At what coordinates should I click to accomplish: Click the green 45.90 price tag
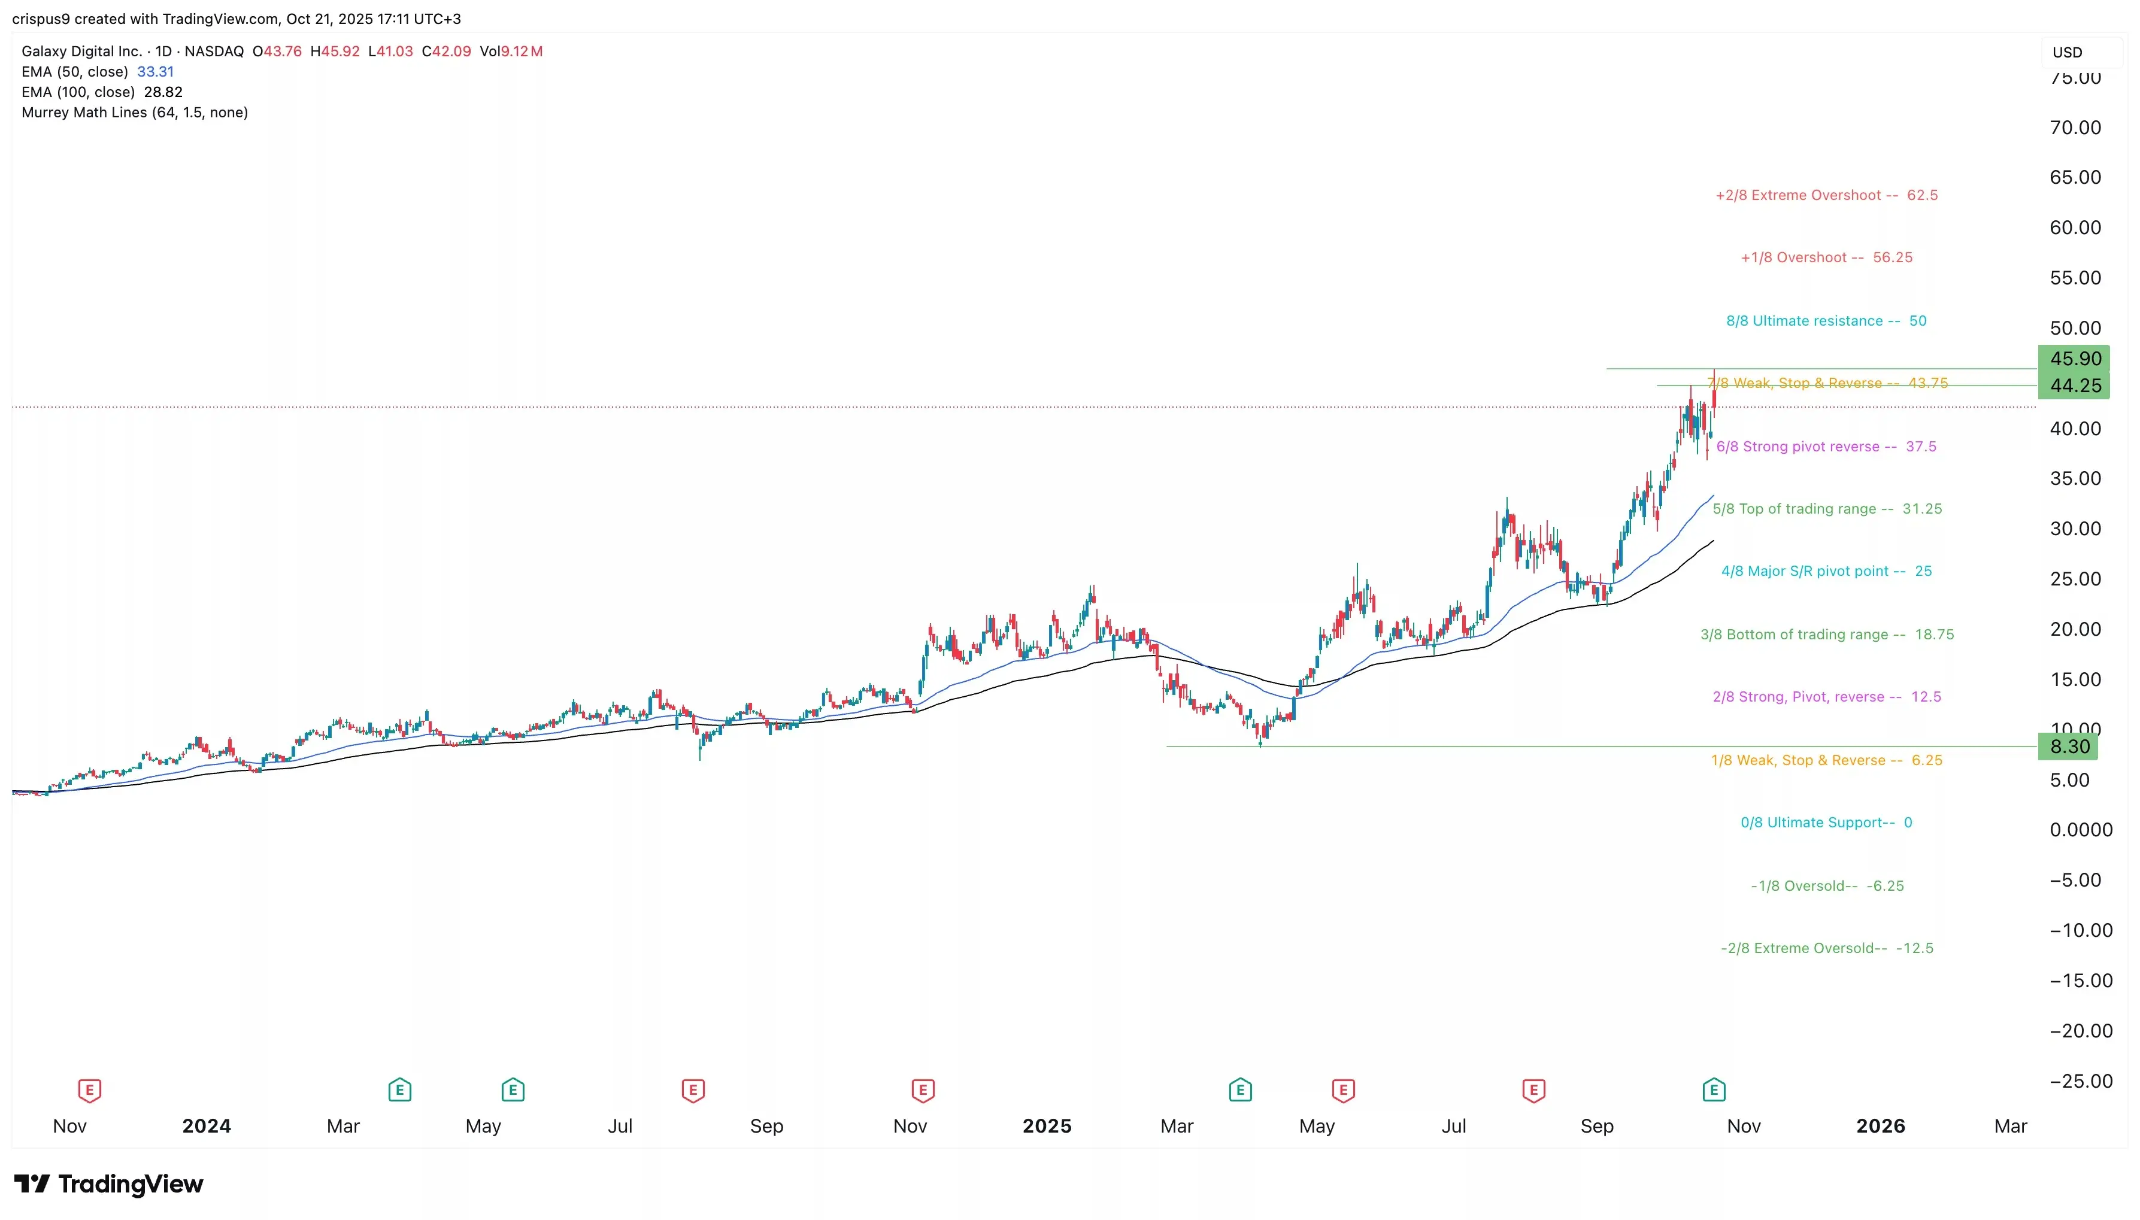(x=2074, y=359)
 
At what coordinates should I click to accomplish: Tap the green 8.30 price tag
(x=2068, y=746)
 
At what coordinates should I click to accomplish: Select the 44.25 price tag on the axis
(x=2074, y=386)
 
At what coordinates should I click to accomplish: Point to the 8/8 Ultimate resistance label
(x=1826, y=321)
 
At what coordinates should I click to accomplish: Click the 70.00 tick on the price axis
(x=2075, y=128)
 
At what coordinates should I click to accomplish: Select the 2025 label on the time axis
(x=1047, y=1126)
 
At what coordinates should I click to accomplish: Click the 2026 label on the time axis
(x=1880, y=1126)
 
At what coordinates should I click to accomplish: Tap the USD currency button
(x=2067, y=52)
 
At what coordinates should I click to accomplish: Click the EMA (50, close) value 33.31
(x=155, y=72)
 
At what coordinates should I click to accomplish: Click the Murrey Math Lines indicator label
(x=134, y=113)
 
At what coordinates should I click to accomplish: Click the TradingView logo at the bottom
(x=109, y=1184)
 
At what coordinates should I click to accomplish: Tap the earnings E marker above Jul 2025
(x=1533, y=1090)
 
